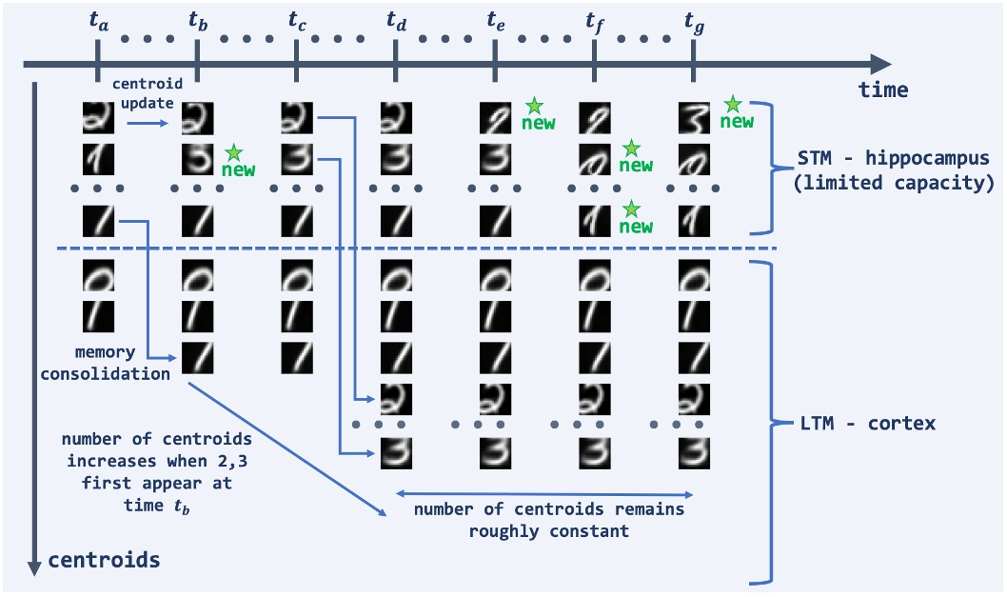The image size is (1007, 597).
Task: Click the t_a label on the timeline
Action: [x=98, y=20]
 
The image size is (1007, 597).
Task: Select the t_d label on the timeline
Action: [x=396, y=20]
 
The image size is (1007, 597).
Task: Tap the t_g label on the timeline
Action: [x=694, y=20]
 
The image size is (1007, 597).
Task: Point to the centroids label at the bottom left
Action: [x=105, y=560]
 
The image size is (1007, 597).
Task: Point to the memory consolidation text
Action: [x=116, y=365]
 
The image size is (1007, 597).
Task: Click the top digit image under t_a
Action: [x=98, y=119]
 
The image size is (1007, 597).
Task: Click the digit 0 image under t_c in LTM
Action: [x=297, y=277]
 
